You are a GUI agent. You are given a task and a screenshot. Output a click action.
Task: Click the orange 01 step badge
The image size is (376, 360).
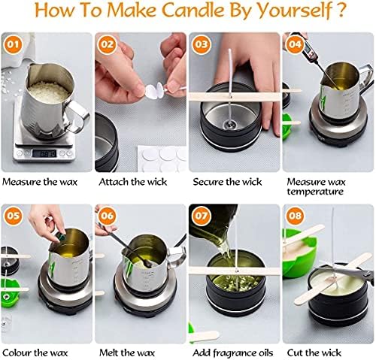(x=13, y=44)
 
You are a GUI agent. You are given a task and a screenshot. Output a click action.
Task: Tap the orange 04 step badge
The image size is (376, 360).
(x=295, y=44)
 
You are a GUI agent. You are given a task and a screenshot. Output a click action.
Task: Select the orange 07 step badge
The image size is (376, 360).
(x=202, y=216)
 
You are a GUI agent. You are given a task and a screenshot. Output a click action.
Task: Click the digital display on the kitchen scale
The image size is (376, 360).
(x=44, y=153)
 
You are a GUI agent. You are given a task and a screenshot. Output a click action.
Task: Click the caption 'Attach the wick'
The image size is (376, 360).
(x=133, y=182)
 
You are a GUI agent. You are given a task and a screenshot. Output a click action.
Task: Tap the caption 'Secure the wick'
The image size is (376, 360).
(x=227, y=182)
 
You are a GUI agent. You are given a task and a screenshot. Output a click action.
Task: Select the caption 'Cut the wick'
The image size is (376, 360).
(x=314, y=352)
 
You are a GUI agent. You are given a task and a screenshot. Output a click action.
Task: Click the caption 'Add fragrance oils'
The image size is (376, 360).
(x=233, y=353)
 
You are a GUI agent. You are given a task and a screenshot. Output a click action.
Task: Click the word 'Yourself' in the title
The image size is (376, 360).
(x=295, y=11)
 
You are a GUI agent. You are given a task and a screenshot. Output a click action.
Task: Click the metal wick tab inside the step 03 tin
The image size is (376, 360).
(x=231, y=124)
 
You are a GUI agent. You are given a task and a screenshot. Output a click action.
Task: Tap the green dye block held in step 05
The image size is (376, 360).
(x=60, y=237)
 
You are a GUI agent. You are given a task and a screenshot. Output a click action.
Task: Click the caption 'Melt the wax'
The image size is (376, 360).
(x=127, y=352)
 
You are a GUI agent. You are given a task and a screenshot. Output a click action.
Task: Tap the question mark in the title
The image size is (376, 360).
(x=341, y=10)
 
